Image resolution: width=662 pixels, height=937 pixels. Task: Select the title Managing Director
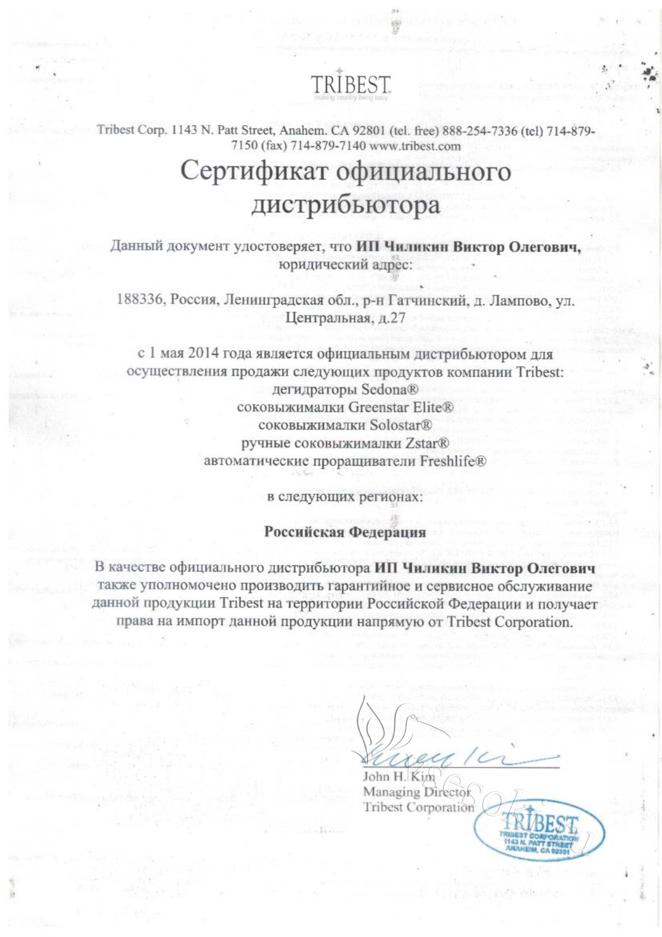tap(416, 792)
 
